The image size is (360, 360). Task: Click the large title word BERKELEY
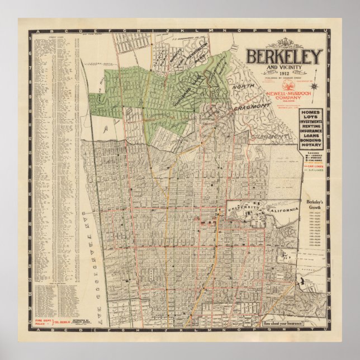(285, 56)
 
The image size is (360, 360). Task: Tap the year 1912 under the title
(285, 73)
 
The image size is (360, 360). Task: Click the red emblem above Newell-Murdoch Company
(287, 86)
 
